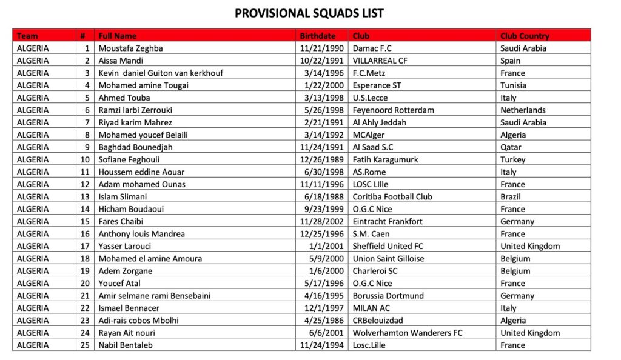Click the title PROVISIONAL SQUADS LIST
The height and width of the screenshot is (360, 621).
(309, 13)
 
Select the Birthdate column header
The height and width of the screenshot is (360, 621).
(317, 36)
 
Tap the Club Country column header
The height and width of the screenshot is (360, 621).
(525, 36)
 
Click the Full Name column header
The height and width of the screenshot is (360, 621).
(118, 36)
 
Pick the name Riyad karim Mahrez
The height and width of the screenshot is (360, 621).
(135, 122)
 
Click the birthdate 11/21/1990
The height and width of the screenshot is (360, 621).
(322, 48)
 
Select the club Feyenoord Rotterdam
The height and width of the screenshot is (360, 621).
(393, 110)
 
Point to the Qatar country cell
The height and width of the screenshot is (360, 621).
(511, 147)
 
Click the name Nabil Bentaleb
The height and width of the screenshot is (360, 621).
(126, 345)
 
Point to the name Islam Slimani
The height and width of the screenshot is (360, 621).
(123, 197)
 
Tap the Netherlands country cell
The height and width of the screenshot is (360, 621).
(523, 110)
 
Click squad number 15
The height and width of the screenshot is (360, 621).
(85, 221)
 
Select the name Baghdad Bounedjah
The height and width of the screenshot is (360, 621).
(136, 147)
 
